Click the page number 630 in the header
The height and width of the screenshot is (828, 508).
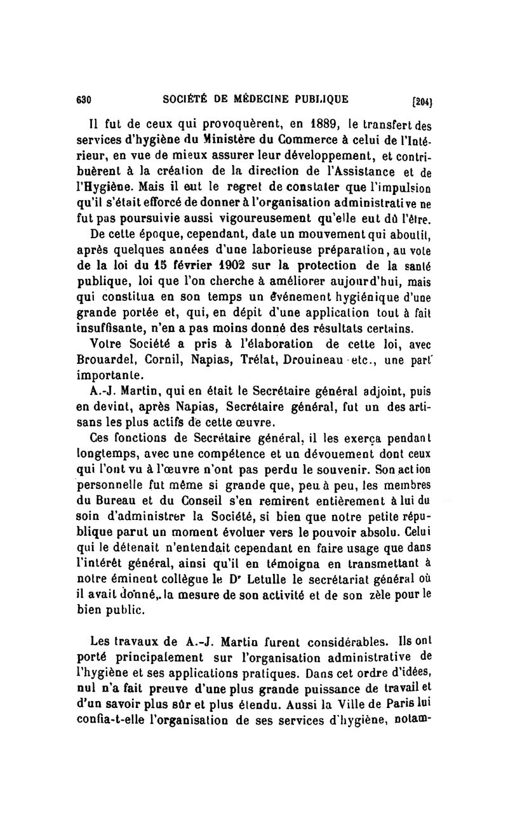(84, 100)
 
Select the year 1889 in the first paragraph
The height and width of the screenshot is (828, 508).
(304, 124)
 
